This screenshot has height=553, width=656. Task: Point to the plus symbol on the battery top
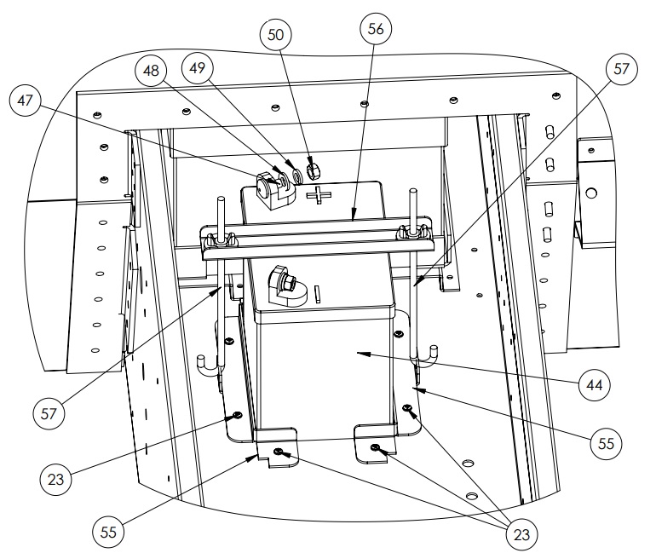(x=320, y=198)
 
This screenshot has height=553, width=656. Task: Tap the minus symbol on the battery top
(x=317, y=294)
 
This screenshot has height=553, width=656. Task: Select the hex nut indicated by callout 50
(x=313, y=169)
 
